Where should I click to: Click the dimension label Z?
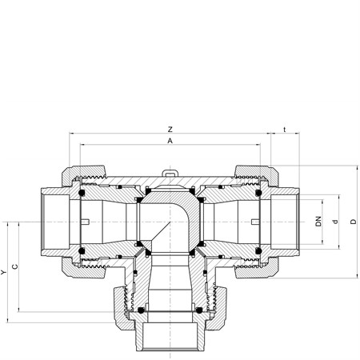(x=170, y=130)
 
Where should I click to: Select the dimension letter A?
(x=170, y=141)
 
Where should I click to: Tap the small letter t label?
(x=285, y=130)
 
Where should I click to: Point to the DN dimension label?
(x=318, y=222)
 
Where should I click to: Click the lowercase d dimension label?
(x=335, y=222)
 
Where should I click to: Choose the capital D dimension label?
(x=354, y=222)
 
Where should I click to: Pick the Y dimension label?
(x=3, y=272)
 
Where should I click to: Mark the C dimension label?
(x=15, y=266)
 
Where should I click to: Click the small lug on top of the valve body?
(x=170, y=173)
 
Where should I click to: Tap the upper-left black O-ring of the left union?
(x=82, y=193)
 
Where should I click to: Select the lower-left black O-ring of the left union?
(x=82, y=251)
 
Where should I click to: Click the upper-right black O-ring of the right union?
(x=258, y=193)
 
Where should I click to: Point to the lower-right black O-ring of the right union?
(x=258, y=251)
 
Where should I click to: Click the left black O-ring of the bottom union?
(x=141, y=310)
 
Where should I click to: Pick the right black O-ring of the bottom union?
(x=198, y=310)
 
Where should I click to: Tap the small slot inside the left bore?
(x=86, y=222)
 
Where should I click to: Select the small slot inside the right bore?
(x=255, y=222)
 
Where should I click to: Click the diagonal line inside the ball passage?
(x=160, y=232)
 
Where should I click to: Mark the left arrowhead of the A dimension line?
(x=82, y=145)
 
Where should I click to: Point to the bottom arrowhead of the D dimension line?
(x=357, y=276)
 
